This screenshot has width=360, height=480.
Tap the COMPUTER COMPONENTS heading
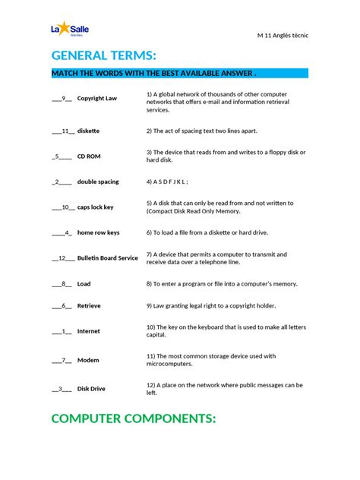(x=134, y=418)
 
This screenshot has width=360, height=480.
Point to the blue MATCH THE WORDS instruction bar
(x=179, y=74)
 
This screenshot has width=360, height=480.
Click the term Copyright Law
(x=96, y=98)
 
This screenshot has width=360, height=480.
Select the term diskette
(x=88, y=131)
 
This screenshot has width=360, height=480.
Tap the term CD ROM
(x=89, y=156)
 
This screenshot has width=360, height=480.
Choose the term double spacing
(x=98, y=182)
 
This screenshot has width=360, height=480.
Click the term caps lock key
(x=96, y=207)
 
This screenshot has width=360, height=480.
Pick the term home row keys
(x=98, y=232)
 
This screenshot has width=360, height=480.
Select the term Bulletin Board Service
(x=107, y=257)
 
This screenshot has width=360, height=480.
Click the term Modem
(x=87, y=360)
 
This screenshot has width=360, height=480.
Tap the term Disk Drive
(x=91, y=389)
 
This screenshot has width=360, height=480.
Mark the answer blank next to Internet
(x=62, y=331)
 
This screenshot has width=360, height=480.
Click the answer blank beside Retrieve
(x=62, y=305)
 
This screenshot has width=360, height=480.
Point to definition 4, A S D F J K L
(x=166, y=182)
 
